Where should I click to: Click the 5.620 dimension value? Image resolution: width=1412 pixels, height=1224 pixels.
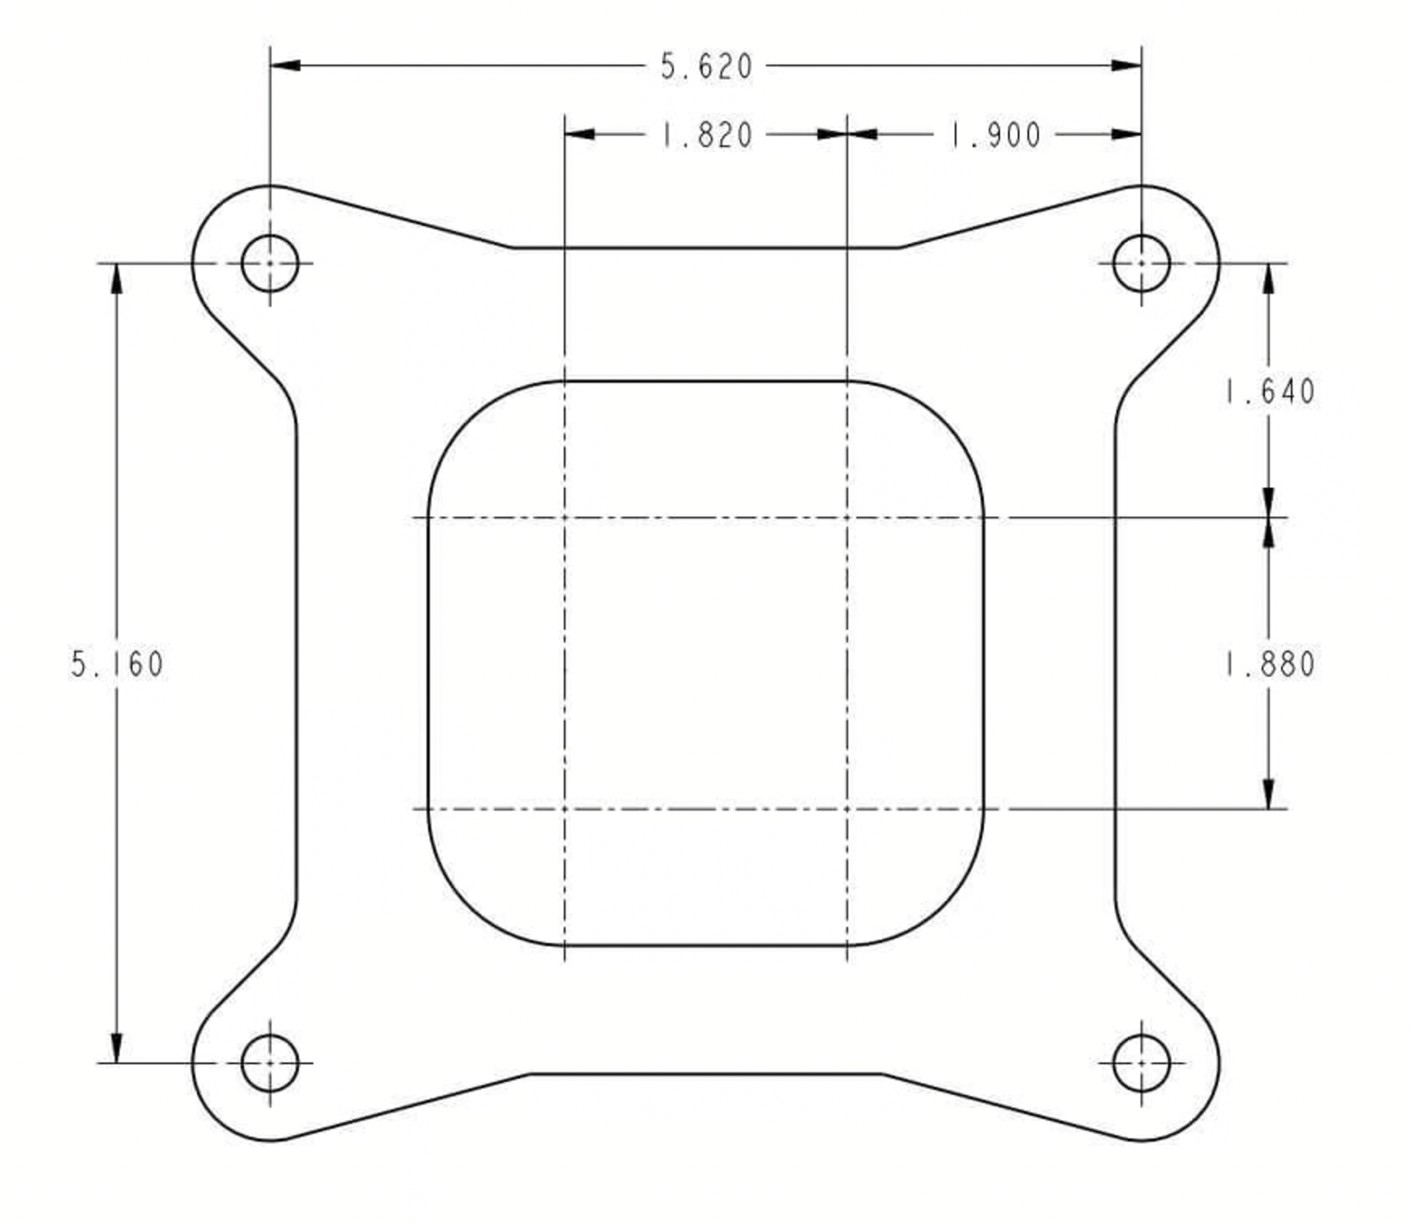coord(706,66)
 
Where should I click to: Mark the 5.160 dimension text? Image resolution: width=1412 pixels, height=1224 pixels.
coord(117,664)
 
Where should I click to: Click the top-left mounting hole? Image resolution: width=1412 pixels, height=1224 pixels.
coord(270,263)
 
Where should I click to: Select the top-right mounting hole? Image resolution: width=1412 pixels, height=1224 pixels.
coord(1141,263)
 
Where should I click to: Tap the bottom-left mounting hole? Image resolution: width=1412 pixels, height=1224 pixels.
coord(270,1063)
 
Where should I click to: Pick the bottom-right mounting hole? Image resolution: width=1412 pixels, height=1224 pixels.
coord(1141,1063)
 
